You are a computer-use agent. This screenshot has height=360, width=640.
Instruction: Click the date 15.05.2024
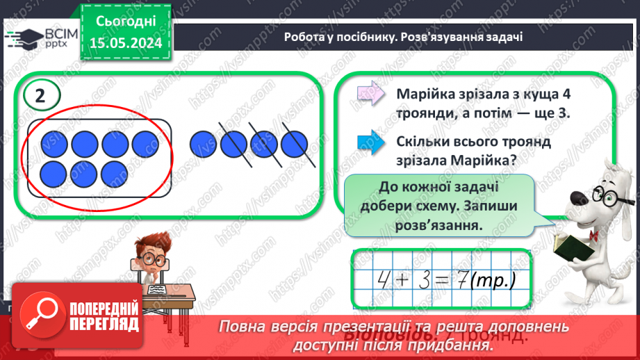click(x=126, y=42)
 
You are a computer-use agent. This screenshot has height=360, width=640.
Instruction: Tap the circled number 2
click(x=40, y=97)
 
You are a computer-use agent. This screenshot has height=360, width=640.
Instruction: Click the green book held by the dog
click(x=571, y=247)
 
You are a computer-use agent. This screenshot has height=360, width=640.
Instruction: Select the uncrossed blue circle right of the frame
click(x=202, y=143)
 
